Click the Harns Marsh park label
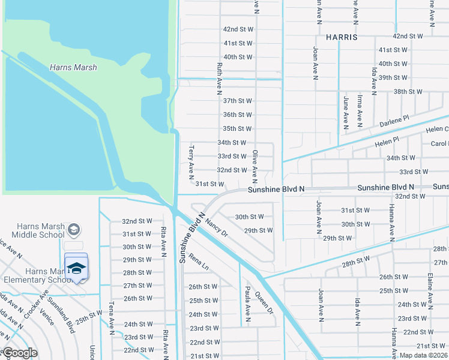pos(73,68)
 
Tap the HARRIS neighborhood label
pos(342,37)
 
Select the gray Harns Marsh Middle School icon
pos(74,230)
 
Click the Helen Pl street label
pos(387,142)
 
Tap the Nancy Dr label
pos(217,227)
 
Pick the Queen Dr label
pos(264,302)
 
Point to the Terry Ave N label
pos(191,163)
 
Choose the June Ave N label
pos(346,112)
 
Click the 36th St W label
pos(237,115)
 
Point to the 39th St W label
pos(393,77)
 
